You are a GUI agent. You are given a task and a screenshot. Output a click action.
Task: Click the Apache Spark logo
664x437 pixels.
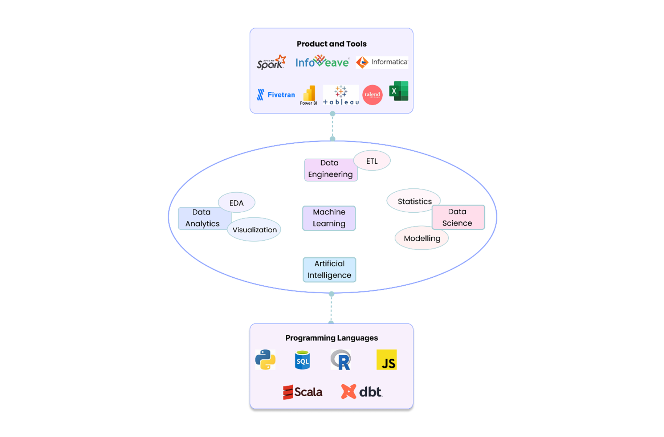271,62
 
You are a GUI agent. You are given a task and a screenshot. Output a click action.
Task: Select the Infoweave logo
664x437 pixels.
322,62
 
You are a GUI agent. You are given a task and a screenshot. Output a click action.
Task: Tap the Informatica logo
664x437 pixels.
382,62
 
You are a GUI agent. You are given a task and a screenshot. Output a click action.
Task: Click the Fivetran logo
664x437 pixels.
276,95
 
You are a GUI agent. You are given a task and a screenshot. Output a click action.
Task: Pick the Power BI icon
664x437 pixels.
309,95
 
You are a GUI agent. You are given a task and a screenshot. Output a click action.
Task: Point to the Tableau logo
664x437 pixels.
341,95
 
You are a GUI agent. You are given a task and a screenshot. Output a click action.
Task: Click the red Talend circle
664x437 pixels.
372,95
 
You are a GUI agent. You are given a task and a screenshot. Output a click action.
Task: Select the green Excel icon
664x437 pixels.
399,91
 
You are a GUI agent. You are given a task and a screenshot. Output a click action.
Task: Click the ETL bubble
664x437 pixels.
372,161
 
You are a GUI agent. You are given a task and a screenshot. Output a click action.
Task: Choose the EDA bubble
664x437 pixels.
236,203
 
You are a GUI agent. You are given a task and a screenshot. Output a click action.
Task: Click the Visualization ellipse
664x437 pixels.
254,230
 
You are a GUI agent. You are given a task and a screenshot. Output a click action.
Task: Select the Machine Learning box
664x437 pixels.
329,218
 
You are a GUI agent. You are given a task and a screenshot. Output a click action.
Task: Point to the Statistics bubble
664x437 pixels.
414,201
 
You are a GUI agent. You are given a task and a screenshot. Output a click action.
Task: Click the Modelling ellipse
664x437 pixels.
422,238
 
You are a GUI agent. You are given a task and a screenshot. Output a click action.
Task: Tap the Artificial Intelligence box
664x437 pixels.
329,269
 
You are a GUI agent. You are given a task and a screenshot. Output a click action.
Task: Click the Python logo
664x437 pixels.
265,360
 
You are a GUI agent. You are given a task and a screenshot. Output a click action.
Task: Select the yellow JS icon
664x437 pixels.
386,360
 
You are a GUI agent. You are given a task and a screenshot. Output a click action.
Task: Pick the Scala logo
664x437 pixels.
303,392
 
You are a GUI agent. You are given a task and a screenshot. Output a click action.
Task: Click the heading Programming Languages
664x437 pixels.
331,338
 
